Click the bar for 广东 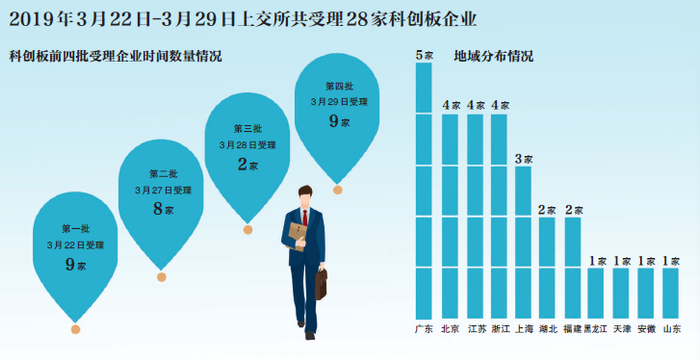[424, 190]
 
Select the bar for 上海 [523, 242]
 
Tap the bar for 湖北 [547, 268]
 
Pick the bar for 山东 [671, 293]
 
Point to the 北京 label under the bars [450, 330]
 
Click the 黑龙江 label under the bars [596, 330]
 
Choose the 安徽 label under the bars [646, 330]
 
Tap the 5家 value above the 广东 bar [424, 55]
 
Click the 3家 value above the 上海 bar [524, 159]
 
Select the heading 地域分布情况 [493, 57]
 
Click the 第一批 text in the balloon [75, 229]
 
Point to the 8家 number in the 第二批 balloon [163, 209]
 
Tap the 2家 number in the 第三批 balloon [248, 164]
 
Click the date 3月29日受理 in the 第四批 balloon [339, 102]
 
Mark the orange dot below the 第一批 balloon [75, 330]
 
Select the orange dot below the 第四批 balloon [338, 190]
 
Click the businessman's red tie [305, 218]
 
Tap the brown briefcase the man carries [321, 283]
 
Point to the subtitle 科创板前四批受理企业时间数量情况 [116, 57]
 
